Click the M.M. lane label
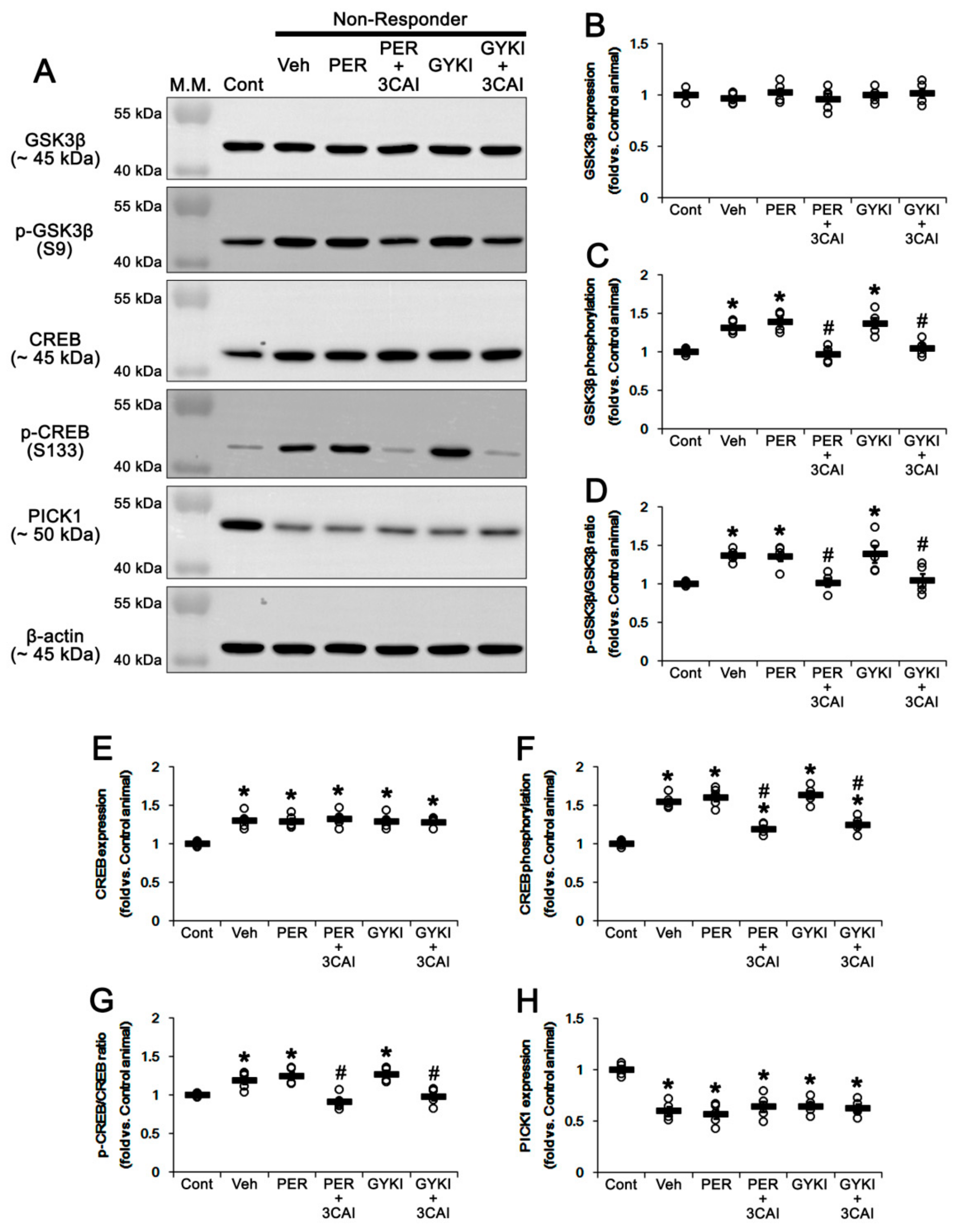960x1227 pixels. (191, 85)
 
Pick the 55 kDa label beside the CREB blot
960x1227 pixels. (138, 299)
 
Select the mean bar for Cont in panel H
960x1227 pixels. (621, 1070)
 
